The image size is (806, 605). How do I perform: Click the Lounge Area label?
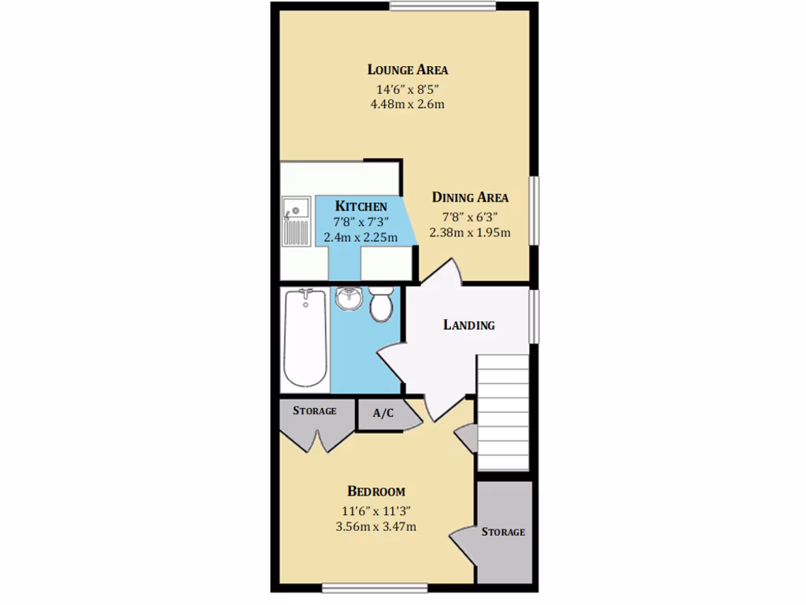(x=407, y=70)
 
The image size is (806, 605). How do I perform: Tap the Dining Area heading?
(x=470, y=198)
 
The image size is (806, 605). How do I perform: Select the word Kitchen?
(x=360, y=206)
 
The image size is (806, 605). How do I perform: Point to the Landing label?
(x=469, y=325)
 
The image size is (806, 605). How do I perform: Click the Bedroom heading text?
(x=376, y=492)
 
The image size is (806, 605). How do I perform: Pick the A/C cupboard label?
(x=383, y=414)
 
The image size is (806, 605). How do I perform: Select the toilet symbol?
(x=382, y=304)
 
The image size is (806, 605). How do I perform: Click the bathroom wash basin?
(x=348, y=298)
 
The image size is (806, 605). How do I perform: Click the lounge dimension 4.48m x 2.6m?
(x=407, y=104)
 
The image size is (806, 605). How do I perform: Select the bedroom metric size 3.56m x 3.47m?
(x=376, y=526)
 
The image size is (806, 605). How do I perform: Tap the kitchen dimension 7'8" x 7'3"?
(x=360, y=222)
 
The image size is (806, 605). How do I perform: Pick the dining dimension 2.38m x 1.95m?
(x=470, y=232)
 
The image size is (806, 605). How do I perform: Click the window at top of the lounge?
(x=442, y=7)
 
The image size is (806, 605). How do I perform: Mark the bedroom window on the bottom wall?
(x=375, y=587)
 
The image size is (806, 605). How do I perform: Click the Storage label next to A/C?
(x=315, y=411)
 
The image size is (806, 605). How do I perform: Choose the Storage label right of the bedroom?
(x=504, y=532)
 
